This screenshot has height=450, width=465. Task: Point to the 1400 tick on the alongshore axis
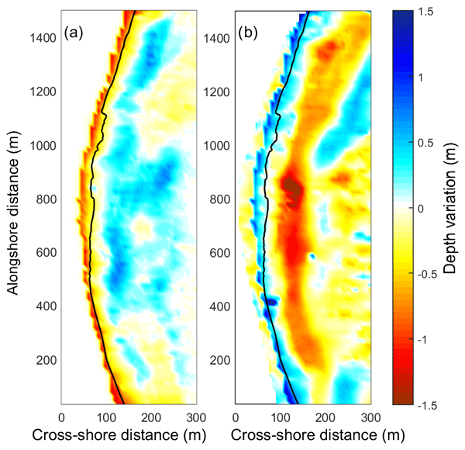(x=44, y=39)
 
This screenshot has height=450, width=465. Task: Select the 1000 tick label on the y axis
(x=44, y=145)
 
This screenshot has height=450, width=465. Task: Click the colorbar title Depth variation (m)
(x=454, y=208)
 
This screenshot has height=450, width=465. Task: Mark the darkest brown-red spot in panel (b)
(x=292, y=187)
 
